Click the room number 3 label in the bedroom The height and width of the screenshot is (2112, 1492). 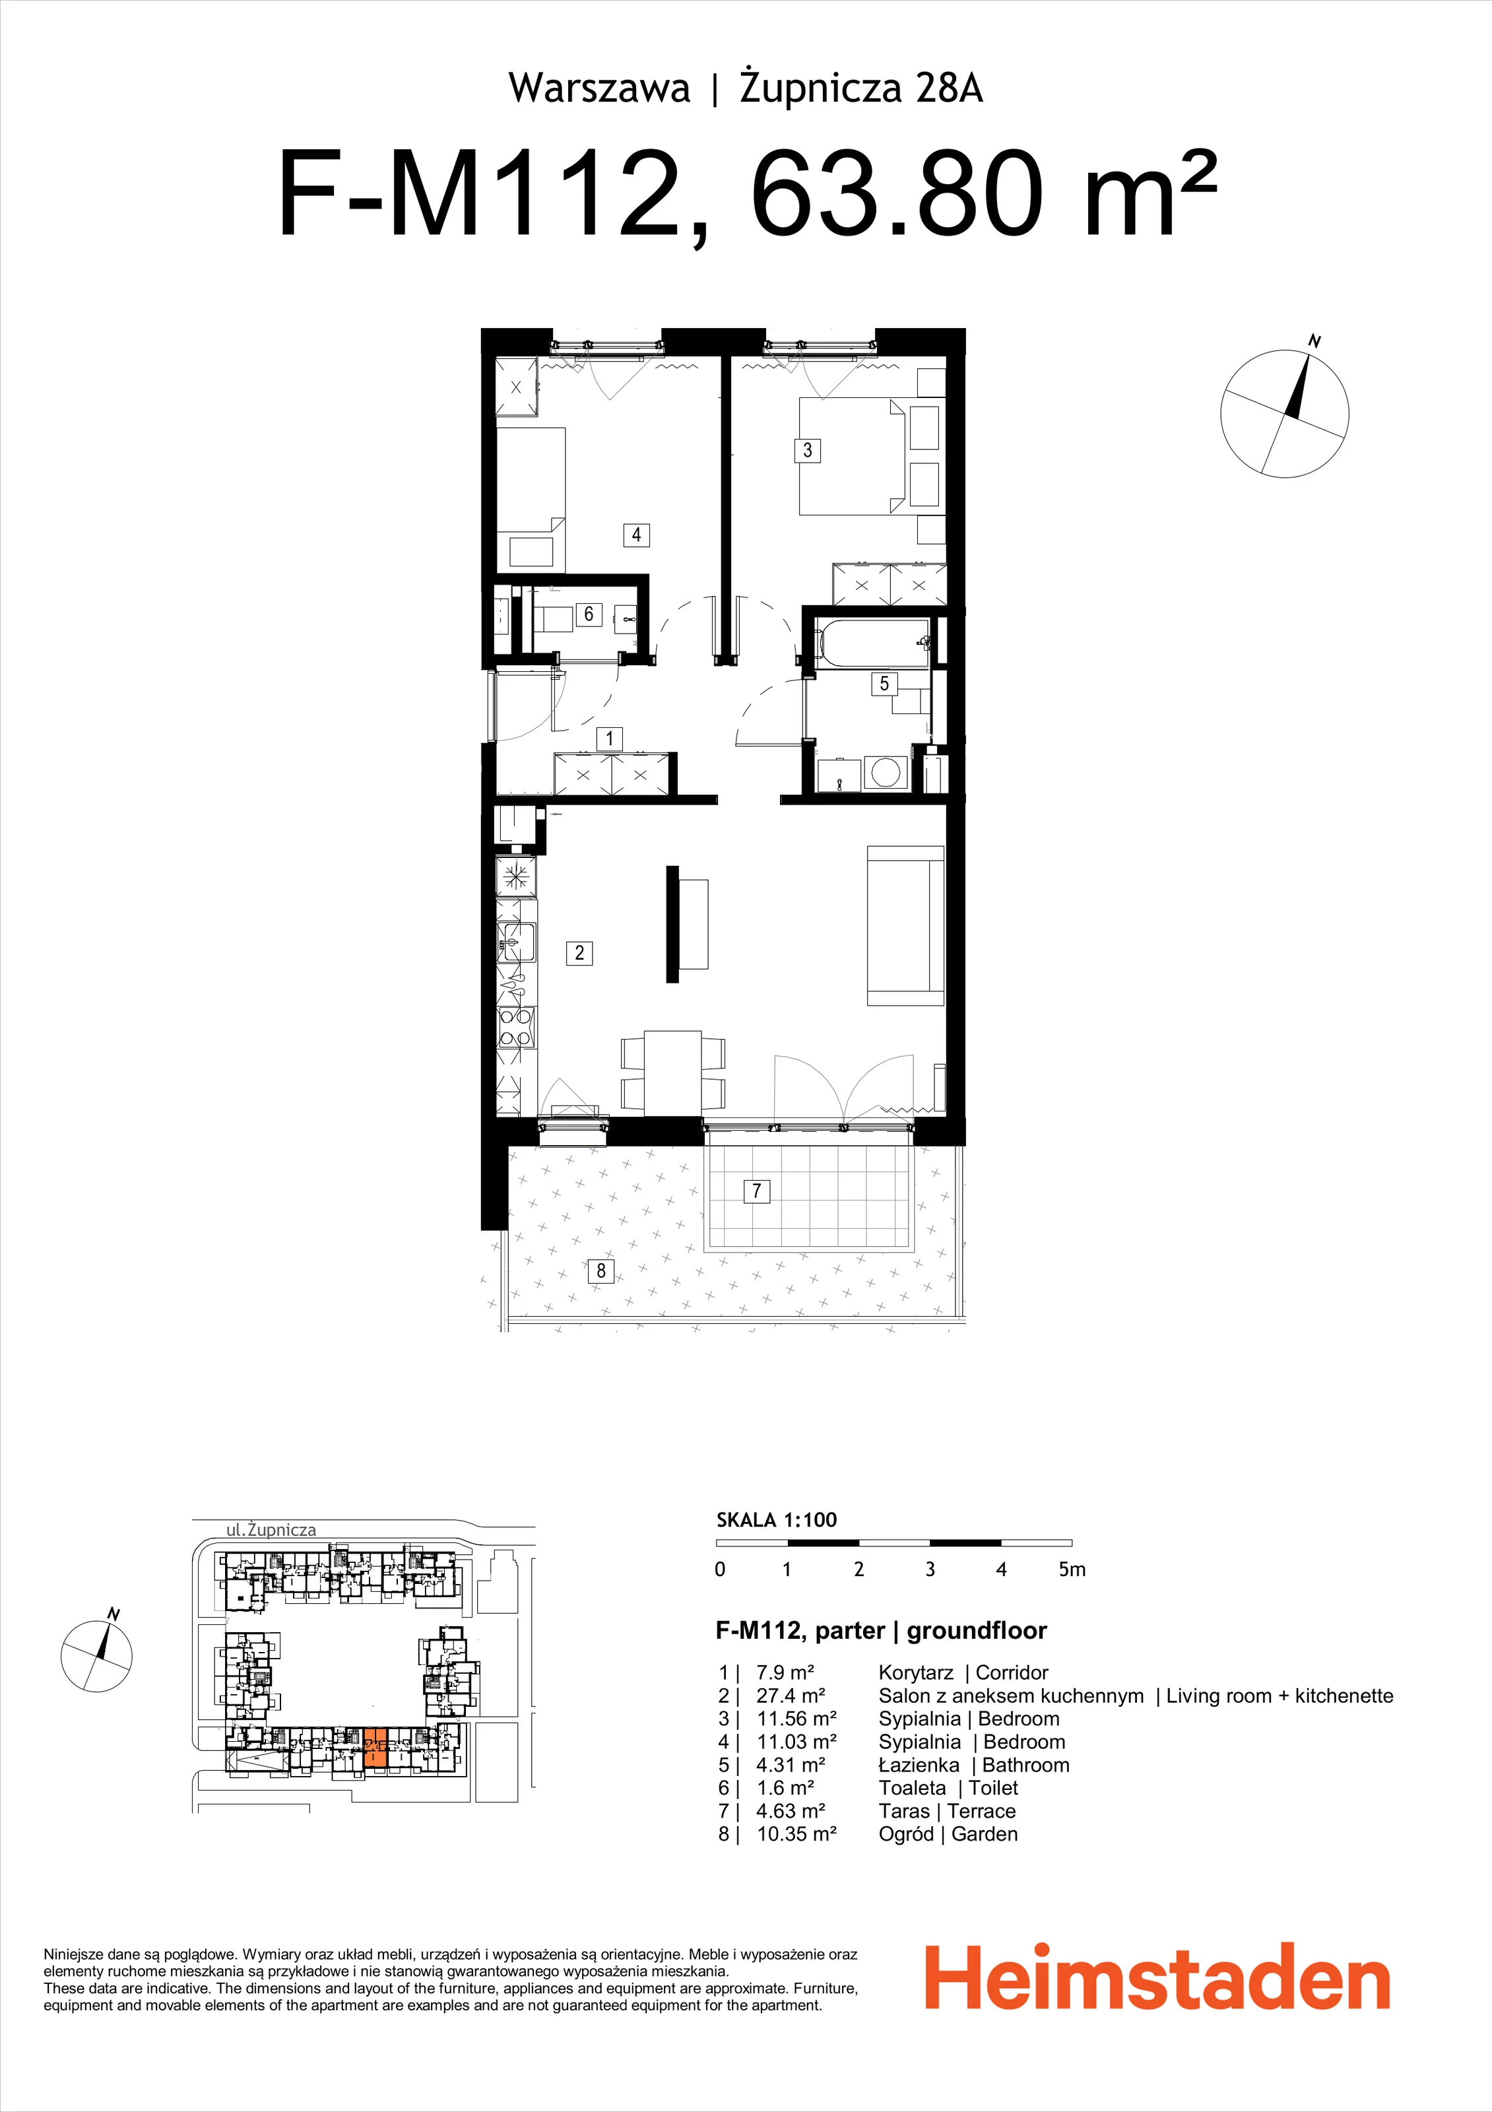[x=807, y=450]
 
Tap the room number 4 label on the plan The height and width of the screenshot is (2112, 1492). [x=637, y=535]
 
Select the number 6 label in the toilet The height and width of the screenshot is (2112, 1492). [x=589, y=614]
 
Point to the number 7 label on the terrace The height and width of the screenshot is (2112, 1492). [x=756, y=1191]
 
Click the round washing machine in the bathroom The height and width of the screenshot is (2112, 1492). [x=885, y=772]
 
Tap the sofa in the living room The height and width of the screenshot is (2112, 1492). [x=906, y=925]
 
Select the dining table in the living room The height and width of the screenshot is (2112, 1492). [x=672, y=1072]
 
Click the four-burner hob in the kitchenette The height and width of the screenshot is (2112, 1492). [x=516, y=1028]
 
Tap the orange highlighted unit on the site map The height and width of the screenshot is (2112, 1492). [x=376, y=1748]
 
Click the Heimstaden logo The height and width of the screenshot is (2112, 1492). [x=1157, y=1978]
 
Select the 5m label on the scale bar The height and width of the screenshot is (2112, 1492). [x=1072, y=1569]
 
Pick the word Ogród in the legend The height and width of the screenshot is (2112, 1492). [x=906, y=1834]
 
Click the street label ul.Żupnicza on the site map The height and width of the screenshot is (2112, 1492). [x=271, y=1530]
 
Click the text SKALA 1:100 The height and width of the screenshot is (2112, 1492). [x=777, y=1519]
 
